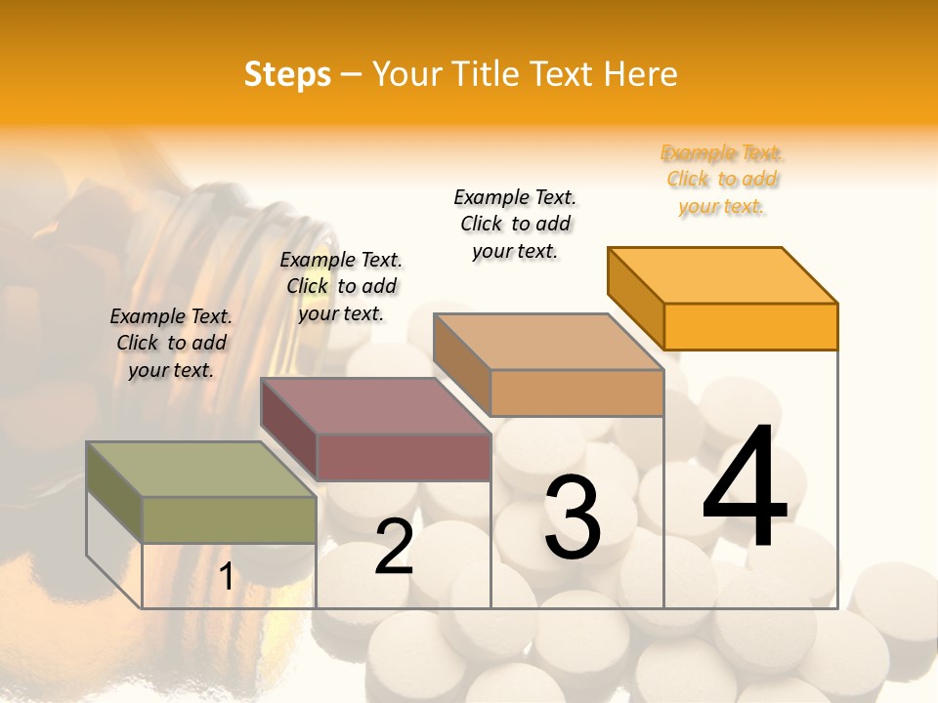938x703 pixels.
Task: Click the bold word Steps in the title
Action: [287, 74]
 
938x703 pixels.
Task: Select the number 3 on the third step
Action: [572, 517]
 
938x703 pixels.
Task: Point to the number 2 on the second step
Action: [394, 547]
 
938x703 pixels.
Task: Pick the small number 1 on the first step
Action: [226, 577]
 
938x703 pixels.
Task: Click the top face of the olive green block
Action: [200, 469]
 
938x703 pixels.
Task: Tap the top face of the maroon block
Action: [375, 405]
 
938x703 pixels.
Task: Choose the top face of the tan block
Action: [548, 342]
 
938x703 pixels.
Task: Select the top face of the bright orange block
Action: [722, 274]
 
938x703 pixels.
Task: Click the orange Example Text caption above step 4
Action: [722, 180]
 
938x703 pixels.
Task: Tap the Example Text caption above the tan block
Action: [515, 224]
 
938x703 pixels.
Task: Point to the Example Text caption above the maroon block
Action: [341, 286]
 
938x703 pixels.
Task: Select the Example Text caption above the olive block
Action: [171, 343]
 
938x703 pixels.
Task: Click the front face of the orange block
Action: [750, 326]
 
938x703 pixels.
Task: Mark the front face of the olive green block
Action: [229, 519]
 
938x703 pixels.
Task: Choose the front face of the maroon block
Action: [403, 457]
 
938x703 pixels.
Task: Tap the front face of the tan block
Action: [576, 393]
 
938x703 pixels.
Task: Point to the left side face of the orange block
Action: [635, 299]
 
